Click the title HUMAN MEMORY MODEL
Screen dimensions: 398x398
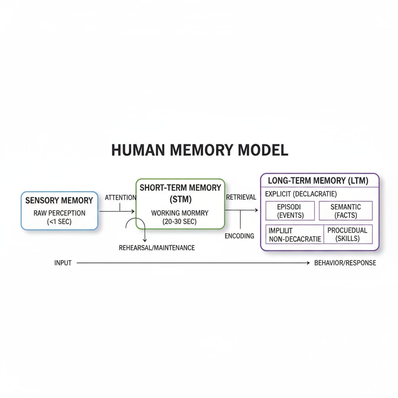199,150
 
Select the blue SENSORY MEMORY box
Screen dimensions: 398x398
59,210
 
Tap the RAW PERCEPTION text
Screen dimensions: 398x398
59,213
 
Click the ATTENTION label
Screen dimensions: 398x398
120,198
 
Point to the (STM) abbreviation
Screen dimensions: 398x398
180,199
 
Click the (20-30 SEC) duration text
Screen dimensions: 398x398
180,222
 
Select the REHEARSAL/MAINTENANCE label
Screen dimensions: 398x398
157,248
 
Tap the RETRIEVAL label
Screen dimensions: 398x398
241,197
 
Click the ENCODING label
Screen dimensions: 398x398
239,236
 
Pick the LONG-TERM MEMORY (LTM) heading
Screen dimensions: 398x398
318,180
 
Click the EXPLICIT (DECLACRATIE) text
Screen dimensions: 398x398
300,194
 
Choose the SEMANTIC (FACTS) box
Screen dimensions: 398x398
346,211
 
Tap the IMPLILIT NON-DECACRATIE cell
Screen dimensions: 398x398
295,234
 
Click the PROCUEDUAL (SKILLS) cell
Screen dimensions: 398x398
347,234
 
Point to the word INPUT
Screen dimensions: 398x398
63,263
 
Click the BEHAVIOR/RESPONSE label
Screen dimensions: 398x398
345,263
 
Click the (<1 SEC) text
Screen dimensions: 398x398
59,222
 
